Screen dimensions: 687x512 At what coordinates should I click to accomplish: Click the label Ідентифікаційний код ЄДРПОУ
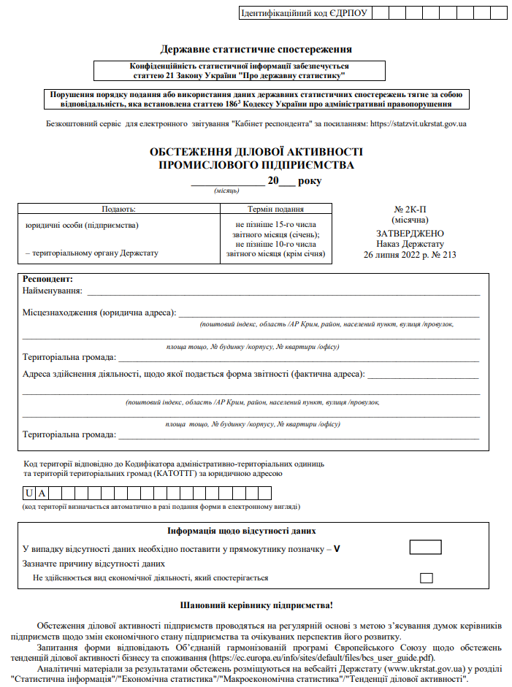(304, 13)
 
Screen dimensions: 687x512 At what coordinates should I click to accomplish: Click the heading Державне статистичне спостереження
(256, 50)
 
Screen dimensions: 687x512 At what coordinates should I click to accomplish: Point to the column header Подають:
(118, 209)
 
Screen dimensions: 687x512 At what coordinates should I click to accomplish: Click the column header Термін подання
(276, 209)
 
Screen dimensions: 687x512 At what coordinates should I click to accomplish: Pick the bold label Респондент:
(48, 279)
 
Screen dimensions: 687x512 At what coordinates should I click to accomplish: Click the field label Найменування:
(52, 291)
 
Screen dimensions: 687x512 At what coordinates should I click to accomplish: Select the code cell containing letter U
(28, 493)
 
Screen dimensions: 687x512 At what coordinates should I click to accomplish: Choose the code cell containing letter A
(42, 493)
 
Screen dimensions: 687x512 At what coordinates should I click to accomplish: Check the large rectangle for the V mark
(425, 548)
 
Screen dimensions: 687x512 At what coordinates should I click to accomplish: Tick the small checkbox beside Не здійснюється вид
(427, 577)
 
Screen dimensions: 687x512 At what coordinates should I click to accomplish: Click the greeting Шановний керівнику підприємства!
(256, 605)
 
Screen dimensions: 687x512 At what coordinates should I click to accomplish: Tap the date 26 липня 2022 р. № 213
(410, 255)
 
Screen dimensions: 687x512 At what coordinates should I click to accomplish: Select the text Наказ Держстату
(410, 244)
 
